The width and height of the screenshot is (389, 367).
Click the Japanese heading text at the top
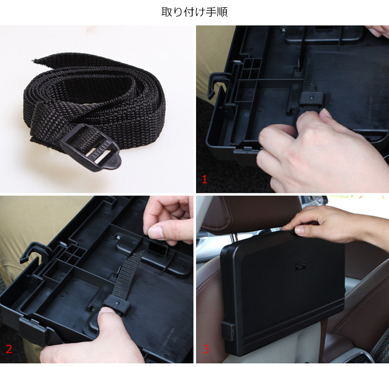click(x=194, y=12)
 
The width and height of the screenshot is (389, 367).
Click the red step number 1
click(x=205, y=179)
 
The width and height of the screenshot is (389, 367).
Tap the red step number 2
click(x=9, y=349)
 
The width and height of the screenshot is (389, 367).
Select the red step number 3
click(x=206, y=349)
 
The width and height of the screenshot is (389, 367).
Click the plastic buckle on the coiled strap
click(x=91, y=148)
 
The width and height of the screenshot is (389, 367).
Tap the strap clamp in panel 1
click(x=312, y=98)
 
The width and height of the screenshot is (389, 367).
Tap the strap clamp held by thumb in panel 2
click(x=117, y=305)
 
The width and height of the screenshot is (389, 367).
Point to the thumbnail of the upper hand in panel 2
click(x=156, y=232)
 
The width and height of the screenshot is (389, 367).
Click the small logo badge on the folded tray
click(x=301, y=266)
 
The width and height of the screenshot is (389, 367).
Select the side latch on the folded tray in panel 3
click(x=228, y=331)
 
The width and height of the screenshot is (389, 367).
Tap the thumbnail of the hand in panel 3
click(x=298, y=230)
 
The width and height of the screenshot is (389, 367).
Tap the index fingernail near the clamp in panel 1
click(x=326, y=113)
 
